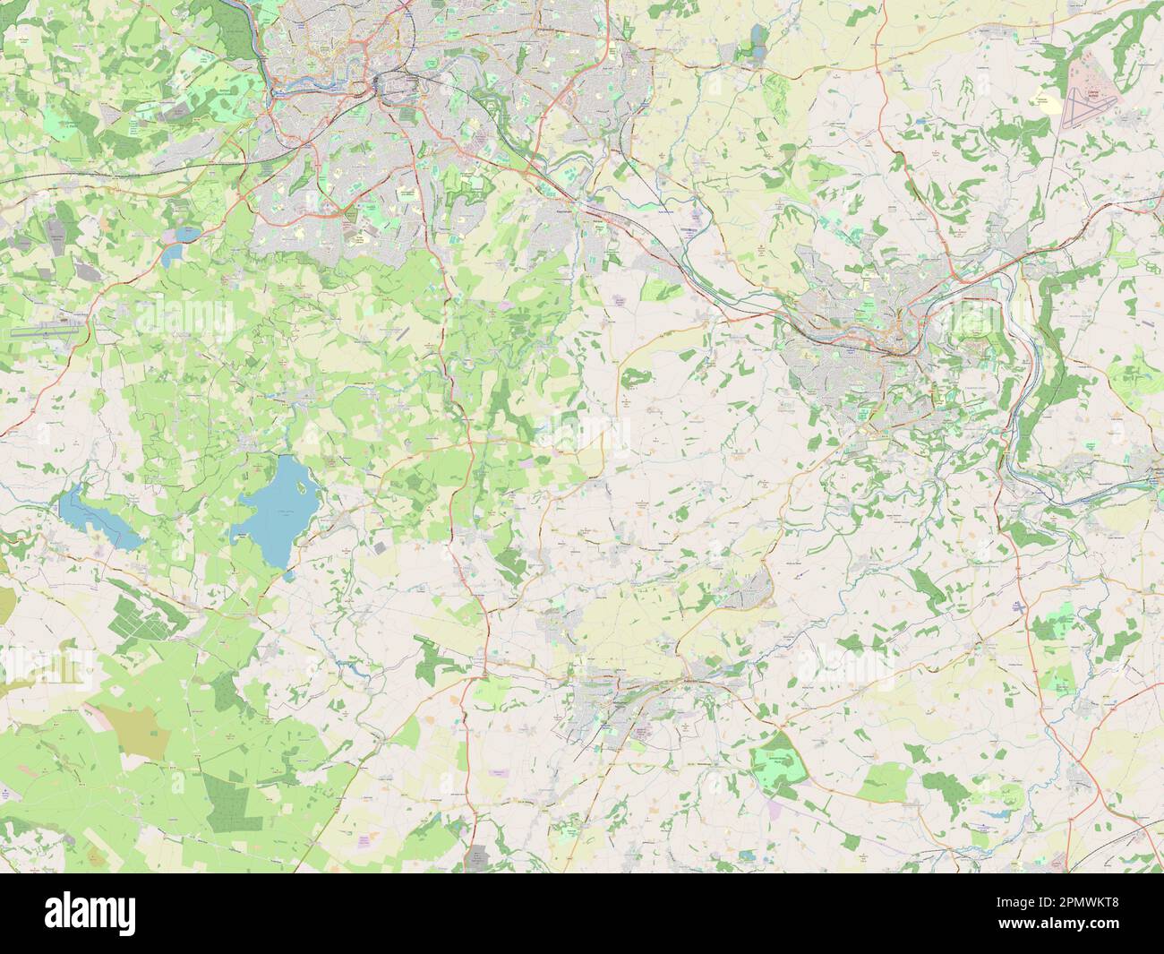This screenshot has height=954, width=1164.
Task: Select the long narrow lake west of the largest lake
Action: pyautogui.click(x=97, y=519)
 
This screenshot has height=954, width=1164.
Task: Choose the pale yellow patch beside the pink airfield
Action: pyautogui.click(x=1044, y=101)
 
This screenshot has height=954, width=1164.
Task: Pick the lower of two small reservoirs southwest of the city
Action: pyautogui.click(x=172, y=255)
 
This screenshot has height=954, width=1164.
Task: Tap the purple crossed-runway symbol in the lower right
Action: pyautogui.click(x=1019, y=607)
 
